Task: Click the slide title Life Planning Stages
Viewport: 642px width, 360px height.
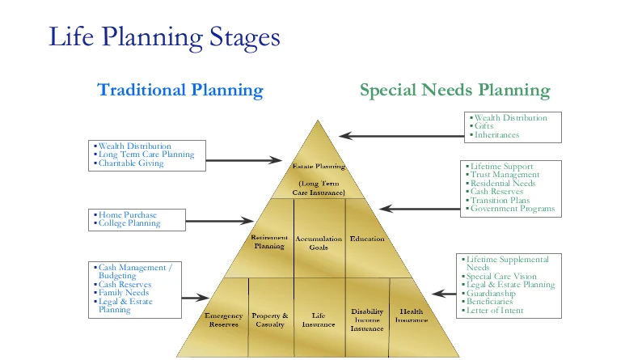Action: pyautogui.click(x=164, y=36)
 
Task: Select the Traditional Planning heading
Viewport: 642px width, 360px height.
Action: pyautogui.click(x=180, y=90)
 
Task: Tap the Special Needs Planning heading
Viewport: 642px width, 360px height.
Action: pyautogui.click(x=455, y=90)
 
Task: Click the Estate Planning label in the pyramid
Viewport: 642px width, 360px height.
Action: pyautogui.click(x=319, y=167)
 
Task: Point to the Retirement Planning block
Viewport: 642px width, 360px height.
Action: pyautogui.click(x=270, y=242)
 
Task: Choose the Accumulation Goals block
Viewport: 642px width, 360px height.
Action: pyautogui.click(x=319, y=244)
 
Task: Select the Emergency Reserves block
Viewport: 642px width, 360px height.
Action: pyautogui.click(x=224, y=319)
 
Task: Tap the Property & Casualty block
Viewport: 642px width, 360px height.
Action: pyautogui.click(x=270, y=319)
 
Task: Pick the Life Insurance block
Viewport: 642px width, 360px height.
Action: pyautogui.click(x=318, y=319)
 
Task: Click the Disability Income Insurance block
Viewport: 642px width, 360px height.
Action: pyautogui.click(x=367, y=320)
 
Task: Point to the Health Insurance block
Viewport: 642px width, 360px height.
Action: pyautogui.click(x=412, y=316)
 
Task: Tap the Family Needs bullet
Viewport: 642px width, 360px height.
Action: pyautogui.click(x=125, y=292)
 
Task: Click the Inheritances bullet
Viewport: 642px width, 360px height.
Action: pyautogui.click(x=496, y=135)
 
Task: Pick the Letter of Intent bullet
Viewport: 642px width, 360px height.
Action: pyautogui.click(x=495, y=310)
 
